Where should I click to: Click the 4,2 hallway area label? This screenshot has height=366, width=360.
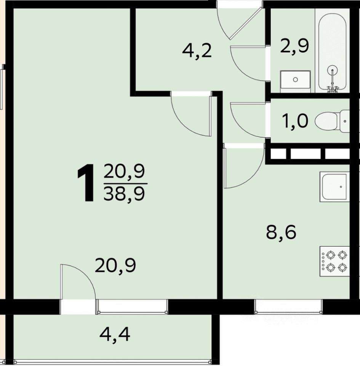[x=197, y=51]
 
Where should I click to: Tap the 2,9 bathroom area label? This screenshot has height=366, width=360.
[x=294, y=46]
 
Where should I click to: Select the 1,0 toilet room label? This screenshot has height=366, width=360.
[x=295, y=121]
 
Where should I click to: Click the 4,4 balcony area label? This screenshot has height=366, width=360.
[x=115, y=334]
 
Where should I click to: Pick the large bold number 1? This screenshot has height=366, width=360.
[x=86, y=182]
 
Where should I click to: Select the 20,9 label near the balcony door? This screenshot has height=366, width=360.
[x=115, y=266]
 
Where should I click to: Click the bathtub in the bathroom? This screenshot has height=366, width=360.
[x=332, y=50]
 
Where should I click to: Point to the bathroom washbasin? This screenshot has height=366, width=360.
[x=295, y=80]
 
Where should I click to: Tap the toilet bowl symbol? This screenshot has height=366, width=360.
[x=332, y=121]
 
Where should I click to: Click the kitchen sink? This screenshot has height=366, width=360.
[x=334, y=187]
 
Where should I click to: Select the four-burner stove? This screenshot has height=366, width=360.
[x=334, y=262]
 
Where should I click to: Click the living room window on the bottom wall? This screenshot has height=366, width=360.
[x=132, y=307]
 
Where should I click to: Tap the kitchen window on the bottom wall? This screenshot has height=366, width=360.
[x=288, y=306]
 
